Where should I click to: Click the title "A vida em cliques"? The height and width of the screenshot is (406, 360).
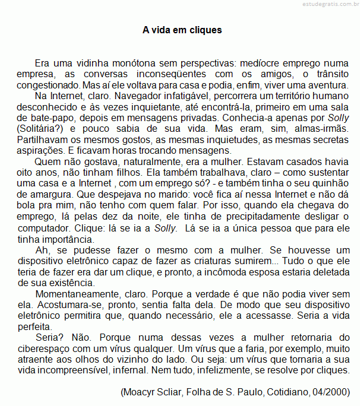point(182,29)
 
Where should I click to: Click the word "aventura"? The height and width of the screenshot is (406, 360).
point(327,85)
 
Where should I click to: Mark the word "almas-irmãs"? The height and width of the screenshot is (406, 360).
point(322,128)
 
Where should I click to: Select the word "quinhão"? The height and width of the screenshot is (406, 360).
point(332,183)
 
